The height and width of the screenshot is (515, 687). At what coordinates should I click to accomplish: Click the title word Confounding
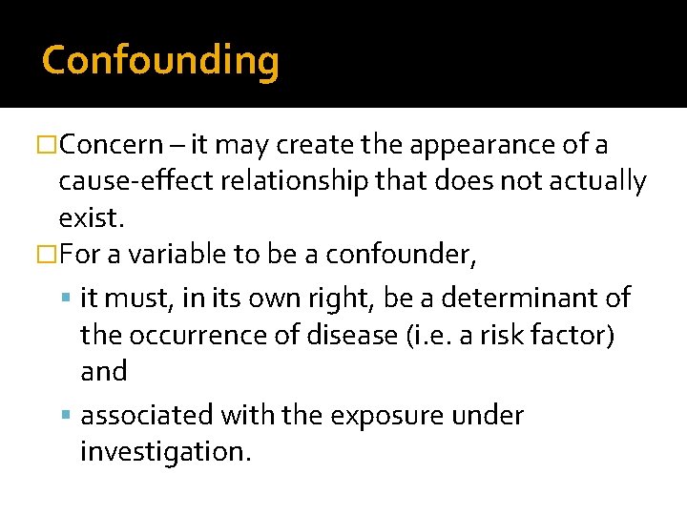click(x=160, y=60)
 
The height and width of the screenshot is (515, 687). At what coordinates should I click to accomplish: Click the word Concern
click(x=118, y=145)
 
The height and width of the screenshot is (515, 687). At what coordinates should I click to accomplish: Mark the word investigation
click(x=165, y=451)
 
